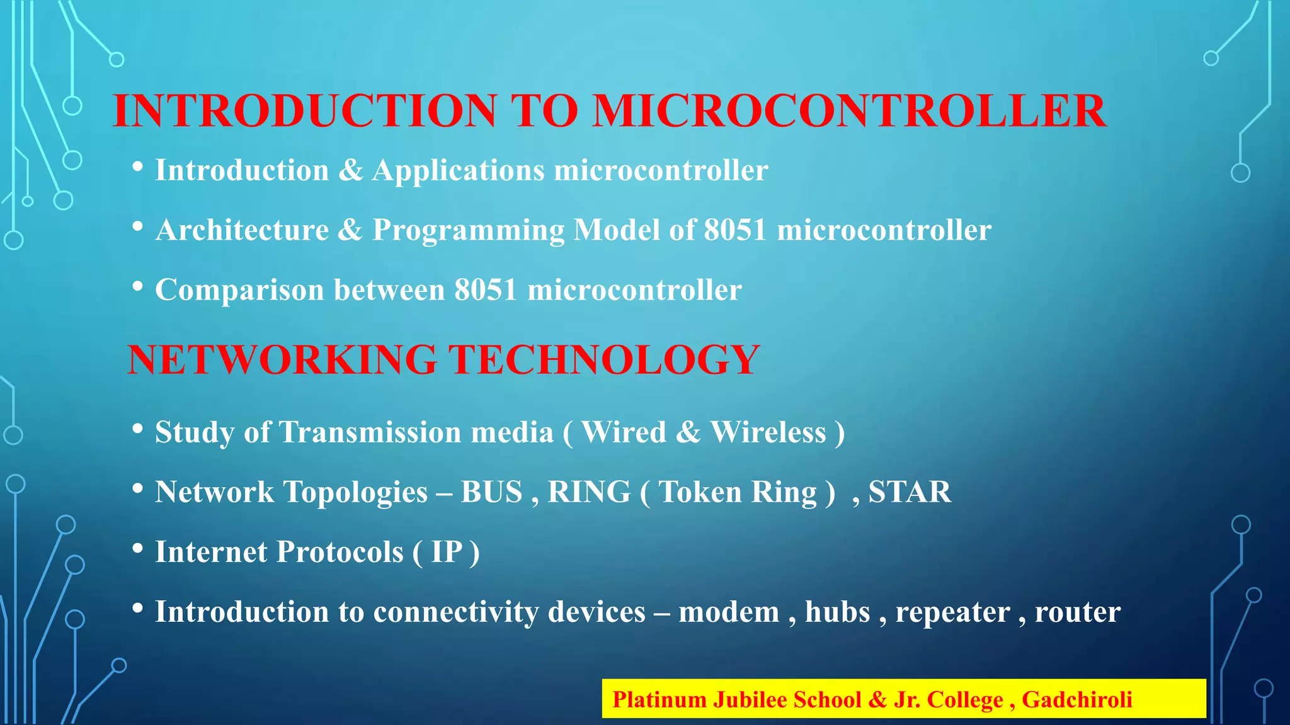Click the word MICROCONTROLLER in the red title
(849, 111)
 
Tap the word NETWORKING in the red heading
(282, 360)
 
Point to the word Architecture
(242, 230)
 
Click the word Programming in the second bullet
(468, 230)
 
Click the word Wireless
(768, 432)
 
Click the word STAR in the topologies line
(909, 492)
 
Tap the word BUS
(491, 492)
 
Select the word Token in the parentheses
(700, 492)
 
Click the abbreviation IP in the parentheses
(447, 553)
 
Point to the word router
(1077, 612)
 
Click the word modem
(729, 612)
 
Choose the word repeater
(952, 612)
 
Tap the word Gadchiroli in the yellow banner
(1076, 700)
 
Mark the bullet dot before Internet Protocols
(138, 548)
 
